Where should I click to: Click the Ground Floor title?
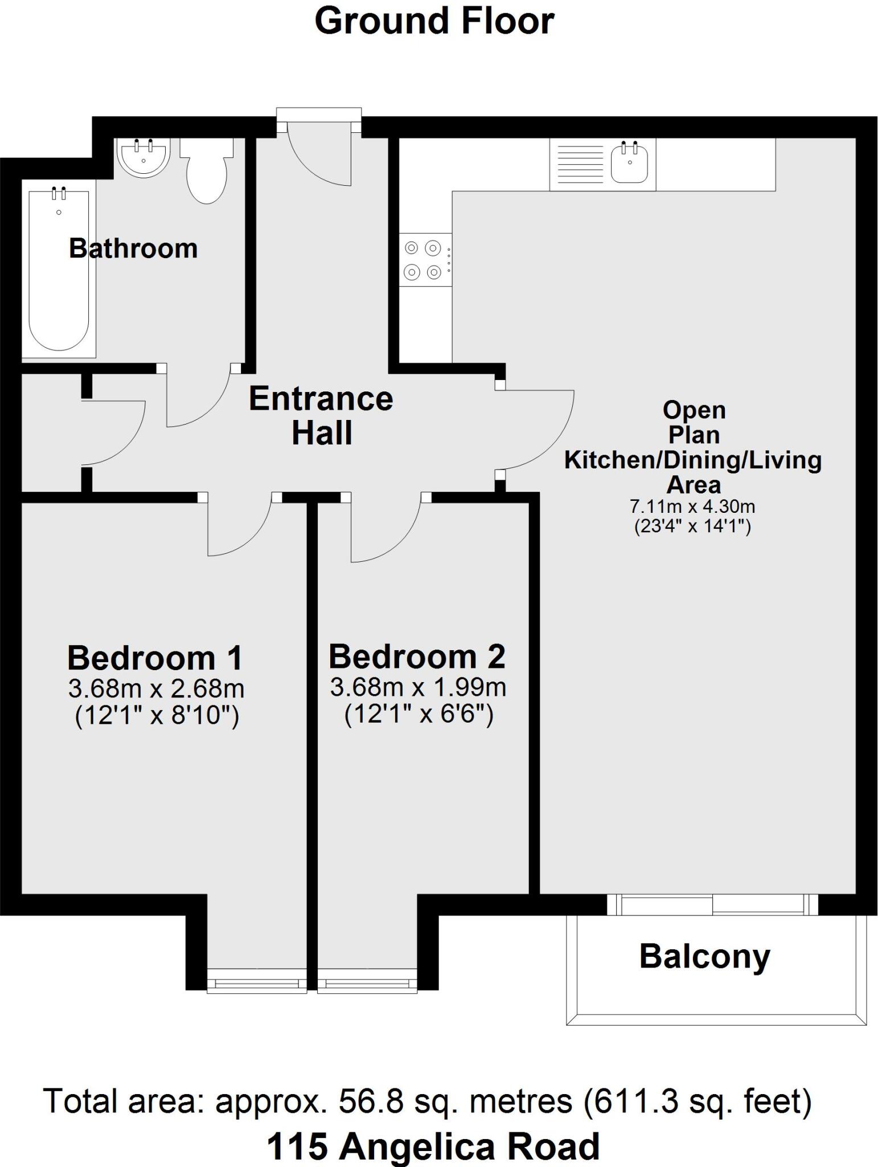pos(434,22)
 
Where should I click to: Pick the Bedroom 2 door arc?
pos(381,530)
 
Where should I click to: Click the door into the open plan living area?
pos(535,427)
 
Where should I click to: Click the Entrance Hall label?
pos(321,415)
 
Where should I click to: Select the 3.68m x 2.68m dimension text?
pos(157,689)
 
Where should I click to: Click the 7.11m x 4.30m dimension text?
pos(692,505)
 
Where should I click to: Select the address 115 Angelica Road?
pos(433,1146)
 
